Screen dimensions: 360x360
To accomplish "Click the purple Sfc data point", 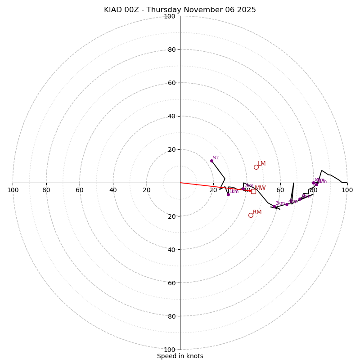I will pyautogui.click(x=211, y=161).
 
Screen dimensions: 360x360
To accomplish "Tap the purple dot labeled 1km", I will pyautogui.click(x=228, y=194).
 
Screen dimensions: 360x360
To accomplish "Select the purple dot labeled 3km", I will pyautogui.click(x=274, y=207).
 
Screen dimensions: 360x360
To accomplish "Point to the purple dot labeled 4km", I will pyautogui.click(x=287, y=204).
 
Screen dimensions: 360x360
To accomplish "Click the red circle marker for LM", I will pyautogui.click(x=256, y=167).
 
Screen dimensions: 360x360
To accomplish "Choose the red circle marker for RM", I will pyautogui.click(x=251, y=215).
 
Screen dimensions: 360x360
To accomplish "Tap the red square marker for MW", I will pyautogui.click(x=253, y=191).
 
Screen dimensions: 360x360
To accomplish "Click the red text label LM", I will pyautogui.click(x=261, y=164).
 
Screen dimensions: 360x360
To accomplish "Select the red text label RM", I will pyautogui.click(x=257, y=212).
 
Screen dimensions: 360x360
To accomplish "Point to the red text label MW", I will pyautogui.click(x=260, y=188).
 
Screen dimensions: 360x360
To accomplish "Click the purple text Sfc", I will pyautogui.click(x=216, y=158).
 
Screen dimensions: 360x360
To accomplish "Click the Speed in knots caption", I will pyautogui.click(x=180, y=356).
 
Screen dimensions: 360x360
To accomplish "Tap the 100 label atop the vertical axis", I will pyautogui.click(x=170, y=17).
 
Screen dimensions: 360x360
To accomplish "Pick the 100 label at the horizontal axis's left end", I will pyautogui.click(x=13, y=190).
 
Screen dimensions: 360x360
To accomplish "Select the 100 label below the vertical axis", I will pyautogui.click(x=170, y=350).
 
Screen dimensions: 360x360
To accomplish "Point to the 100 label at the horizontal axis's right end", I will pyautogui.click(x=347, y=190).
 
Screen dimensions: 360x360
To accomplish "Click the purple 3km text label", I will pyautogui.click(x=280, y=203).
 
